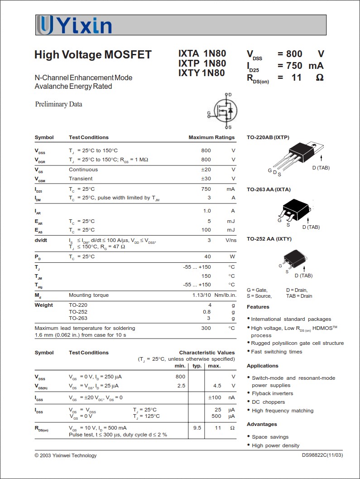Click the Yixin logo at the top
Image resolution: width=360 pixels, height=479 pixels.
[74, 25]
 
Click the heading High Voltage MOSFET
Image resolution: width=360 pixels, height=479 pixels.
[93, 55]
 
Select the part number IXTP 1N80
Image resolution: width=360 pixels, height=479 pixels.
[202, 63]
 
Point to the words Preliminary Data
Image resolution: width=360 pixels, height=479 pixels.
[59, 104]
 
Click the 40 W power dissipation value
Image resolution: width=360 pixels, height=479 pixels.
[207, 256]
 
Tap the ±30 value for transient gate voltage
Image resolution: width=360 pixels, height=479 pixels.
[206, 179]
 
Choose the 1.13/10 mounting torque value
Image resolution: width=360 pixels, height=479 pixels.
[202, 295]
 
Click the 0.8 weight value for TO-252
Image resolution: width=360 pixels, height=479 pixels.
[207, 312]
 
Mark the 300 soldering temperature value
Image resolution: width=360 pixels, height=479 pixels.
[206, 328]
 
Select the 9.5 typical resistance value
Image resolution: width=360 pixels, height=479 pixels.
[197, 428]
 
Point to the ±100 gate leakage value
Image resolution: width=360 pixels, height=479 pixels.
[214, 397]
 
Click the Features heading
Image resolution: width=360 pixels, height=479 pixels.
[258, 307]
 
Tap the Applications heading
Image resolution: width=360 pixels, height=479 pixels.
[263, 366]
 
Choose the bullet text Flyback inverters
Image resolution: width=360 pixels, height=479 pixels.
[273, 393]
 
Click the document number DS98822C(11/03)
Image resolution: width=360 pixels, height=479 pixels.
[322, 455]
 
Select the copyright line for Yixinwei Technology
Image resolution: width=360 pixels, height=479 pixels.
[66, 455]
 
